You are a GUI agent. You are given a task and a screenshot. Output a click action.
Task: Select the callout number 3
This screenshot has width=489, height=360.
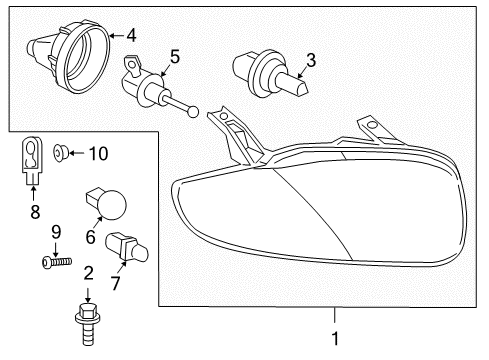(310, 61)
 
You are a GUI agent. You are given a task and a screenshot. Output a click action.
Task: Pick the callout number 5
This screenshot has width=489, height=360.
(174, 57)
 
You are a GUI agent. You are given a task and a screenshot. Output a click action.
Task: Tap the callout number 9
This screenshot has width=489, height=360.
(56, 232)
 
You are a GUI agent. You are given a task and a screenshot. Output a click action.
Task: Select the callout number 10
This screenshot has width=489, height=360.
(98, 153)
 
